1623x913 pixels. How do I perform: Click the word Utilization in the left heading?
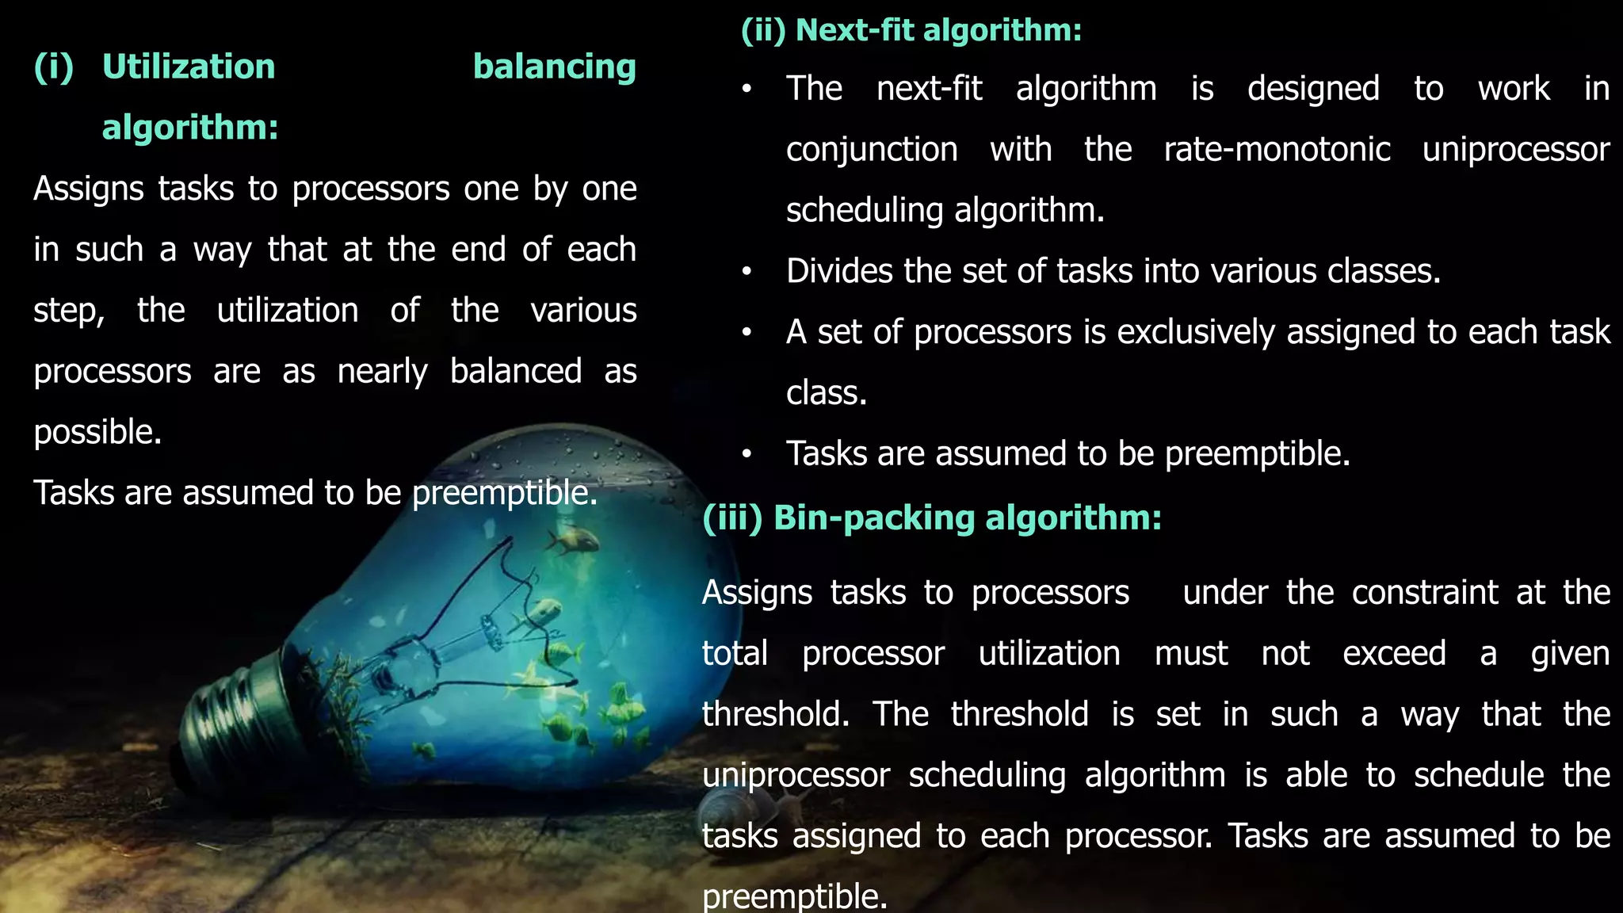(x=189, y=67)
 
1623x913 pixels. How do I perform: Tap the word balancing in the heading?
(x=554, y=67)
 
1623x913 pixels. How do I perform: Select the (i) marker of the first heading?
(x=53, y=67)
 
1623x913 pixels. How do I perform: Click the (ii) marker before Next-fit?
(x=762, y=30)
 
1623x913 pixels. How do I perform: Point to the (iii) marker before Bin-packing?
(x=731, y=518)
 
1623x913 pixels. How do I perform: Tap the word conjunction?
(x=872, y=150)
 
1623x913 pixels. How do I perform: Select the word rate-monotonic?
(x=1277, y=150)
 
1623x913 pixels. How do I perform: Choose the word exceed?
(x=1394, y=654)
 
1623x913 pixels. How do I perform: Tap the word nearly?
(x=382, y=372)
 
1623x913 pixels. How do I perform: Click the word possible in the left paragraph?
(x=97, y=433)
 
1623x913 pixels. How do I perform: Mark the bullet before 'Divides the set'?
(x=747, y=272)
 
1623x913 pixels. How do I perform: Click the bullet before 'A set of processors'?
(x=747, y=333)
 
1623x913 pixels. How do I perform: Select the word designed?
(x=1313, y=89)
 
